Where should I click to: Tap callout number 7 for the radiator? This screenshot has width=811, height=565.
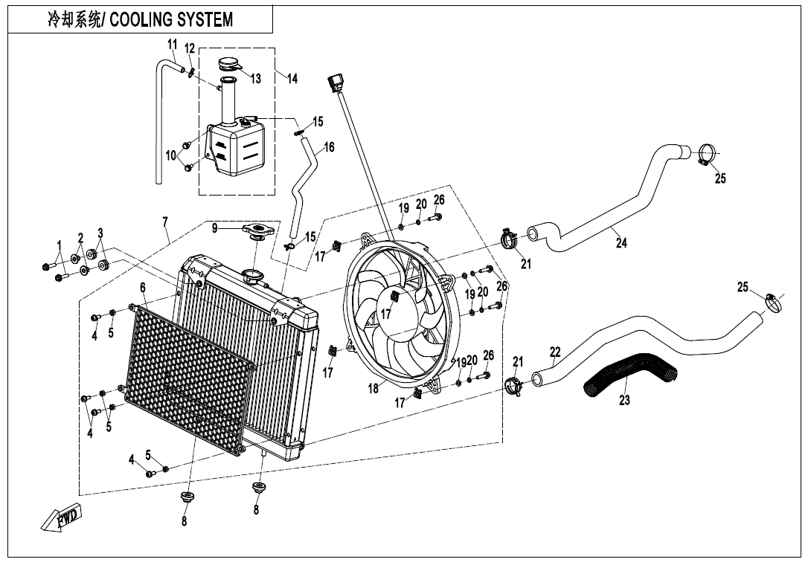pyautogui.click(x=165, y=222)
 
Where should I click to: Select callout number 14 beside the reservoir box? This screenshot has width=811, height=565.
pyautogui.click(x=292, y=79)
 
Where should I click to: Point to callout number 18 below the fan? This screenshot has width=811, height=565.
pyautogui.click(x=374, y=387)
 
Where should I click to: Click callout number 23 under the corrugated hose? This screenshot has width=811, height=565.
pyautogui.click(x=624, y=401)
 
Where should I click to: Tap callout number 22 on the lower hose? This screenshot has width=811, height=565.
pyautogui.click(x=555, y=352)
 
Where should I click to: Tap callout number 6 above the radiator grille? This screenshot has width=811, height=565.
pyautogui.click(x=142, y=287)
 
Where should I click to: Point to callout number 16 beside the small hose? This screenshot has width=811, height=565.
pyautogui.click(x=329, y=147)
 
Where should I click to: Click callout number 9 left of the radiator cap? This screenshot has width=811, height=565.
pyautogui.click(x=215, y=228)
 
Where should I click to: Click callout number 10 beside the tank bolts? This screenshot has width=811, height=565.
pyautogui.click(x=171, y=155)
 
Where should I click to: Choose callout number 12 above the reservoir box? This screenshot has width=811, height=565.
pyautogui.click(x=189, y=49)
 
